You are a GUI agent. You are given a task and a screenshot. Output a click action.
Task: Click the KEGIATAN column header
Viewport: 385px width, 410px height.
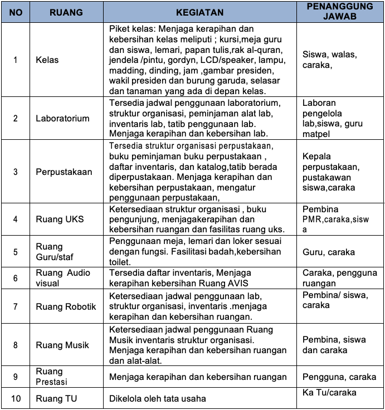tap(199, 12)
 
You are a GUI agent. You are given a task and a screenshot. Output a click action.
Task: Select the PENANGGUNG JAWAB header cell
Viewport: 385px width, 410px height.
tap(340, 12)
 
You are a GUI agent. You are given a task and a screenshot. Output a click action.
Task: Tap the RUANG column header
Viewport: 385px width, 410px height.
tap(66, 12)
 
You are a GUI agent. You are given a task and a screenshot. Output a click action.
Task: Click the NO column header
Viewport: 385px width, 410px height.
tap(16, 12)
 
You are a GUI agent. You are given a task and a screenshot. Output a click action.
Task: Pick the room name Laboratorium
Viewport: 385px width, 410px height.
tap(62, 118)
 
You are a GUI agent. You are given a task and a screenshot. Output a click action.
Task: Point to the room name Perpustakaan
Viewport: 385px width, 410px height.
tap(64, 172)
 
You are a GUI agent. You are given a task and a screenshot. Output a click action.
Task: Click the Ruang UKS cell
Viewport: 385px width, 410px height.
tap(60, 219)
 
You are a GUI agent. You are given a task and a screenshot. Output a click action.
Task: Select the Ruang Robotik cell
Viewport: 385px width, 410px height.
tap(66, 306)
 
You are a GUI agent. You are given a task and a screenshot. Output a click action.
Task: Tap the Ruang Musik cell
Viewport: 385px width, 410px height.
tap(62, 345)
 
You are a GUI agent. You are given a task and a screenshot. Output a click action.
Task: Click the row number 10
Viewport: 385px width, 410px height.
tap(16, 398)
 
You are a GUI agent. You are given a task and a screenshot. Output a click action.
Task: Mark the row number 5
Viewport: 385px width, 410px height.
tap(16, 252)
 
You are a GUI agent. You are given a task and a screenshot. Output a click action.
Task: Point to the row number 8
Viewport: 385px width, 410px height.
tap(16, 345)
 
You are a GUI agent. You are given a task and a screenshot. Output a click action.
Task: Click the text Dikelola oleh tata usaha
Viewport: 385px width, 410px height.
tap(158, 398)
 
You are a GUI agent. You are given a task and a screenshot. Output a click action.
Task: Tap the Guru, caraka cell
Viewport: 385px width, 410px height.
tap(328, 252)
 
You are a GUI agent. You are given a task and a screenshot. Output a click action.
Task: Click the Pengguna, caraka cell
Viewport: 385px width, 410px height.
tap(339, 377)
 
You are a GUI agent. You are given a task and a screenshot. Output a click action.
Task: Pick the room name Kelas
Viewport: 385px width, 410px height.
tap(47, 60)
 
